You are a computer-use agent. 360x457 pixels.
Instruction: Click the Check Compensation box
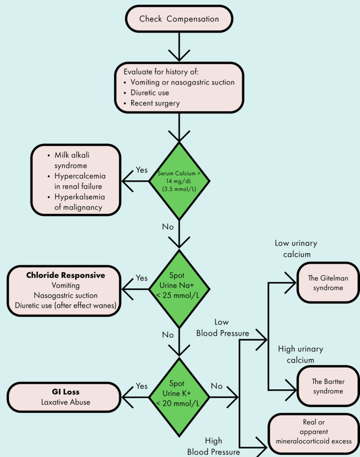(x=179, y=19)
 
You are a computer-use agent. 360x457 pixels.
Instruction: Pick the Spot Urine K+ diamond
(x=179, y=392)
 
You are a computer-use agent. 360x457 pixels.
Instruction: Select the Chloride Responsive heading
(x=65, y=275)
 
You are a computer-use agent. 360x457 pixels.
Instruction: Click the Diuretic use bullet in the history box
(x=153, y=92)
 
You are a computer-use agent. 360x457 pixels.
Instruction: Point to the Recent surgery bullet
(x=155, y=103)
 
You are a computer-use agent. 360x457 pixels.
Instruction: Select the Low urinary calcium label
(x=297, y=248)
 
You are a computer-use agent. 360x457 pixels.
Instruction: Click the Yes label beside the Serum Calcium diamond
(x=141, y=170)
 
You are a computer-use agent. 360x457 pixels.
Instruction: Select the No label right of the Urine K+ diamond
(x=217, y=386)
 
